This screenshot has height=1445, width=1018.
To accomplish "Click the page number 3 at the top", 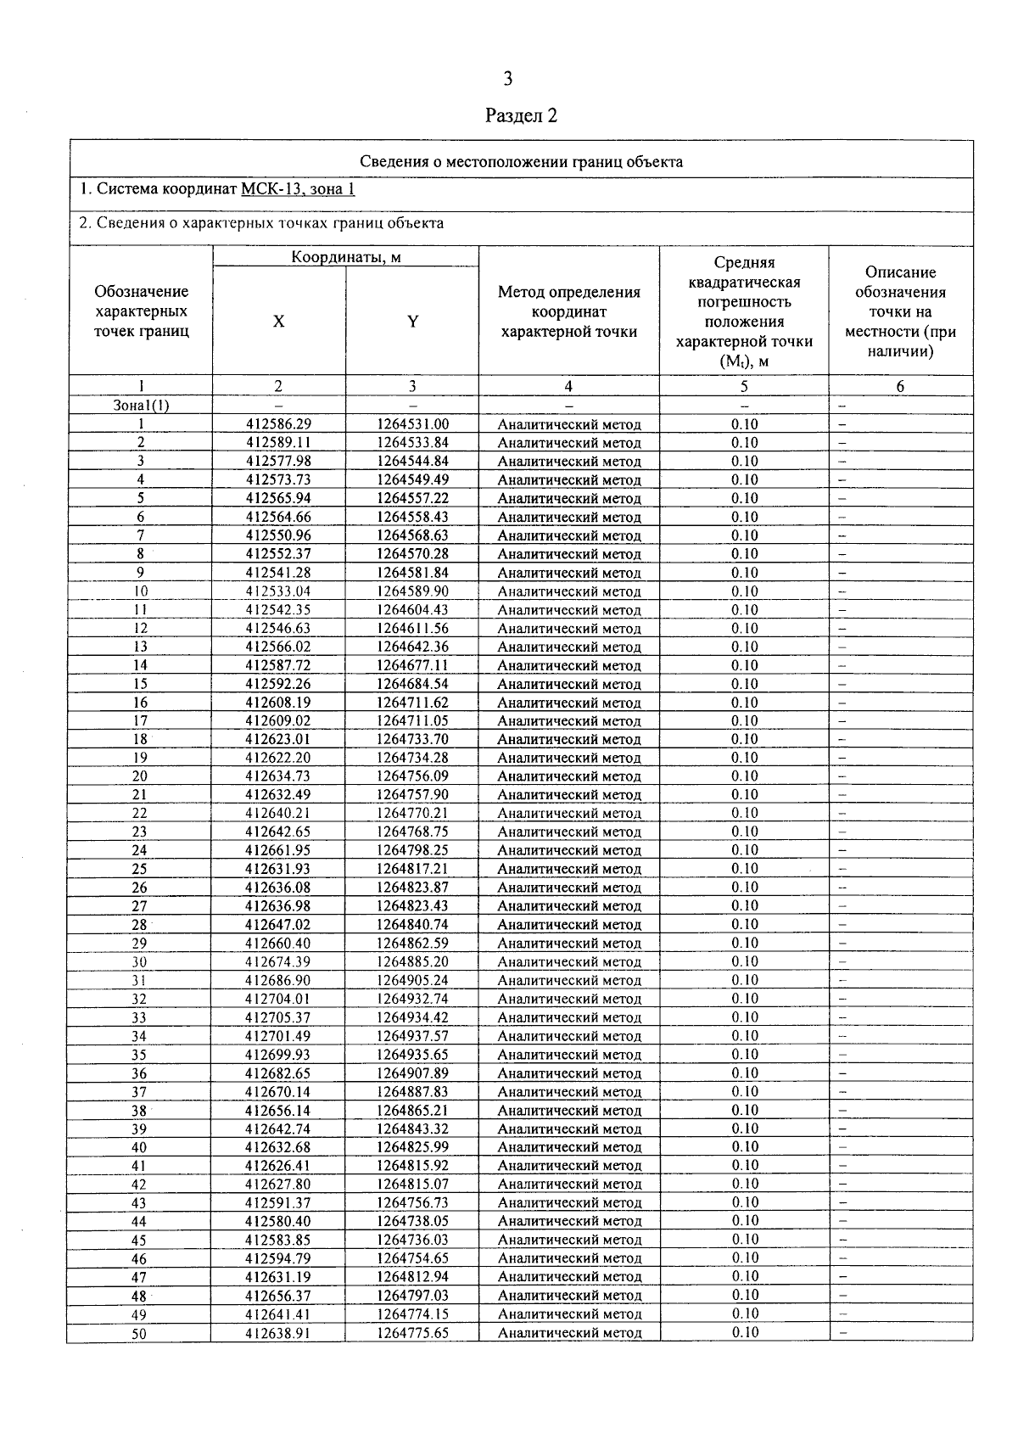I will pyautogui.click(x=507, y=80).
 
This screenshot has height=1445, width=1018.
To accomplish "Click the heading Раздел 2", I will pyautogui.click(x=521, y=115).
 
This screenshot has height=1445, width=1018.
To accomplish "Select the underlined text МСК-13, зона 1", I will pyautogui.click(x=298, y=188).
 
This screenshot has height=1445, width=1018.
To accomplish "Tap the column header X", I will pyautogui.click(x=278, y=322).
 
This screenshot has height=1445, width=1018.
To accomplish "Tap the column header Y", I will pyautogui.click(x=412, y=322).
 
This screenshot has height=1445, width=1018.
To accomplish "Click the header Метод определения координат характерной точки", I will pyautogui.click(x=568, y=311).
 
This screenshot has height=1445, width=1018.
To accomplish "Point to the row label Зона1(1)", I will pyautogui.click(x=141, y=406).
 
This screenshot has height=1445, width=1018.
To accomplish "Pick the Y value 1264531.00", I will pyautogui.click(x=412, y=424).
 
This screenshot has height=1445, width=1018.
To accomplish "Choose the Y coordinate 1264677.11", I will pyautogui.click(x=412, y=665).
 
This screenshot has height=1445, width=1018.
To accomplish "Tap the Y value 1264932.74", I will pyautogui.click(x=412, y=999).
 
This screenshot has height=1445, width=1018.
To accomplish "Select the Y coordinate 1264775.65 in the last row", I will pyautogui.click(x=412, y=1333).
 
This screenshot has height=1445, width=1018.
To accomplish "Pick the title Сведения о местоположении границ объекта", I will pyautogui.click(x=521, y=161).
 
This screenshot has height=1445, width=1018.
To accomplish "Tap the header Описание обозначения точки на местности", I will pyautogui.click(x=900, y=311).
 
